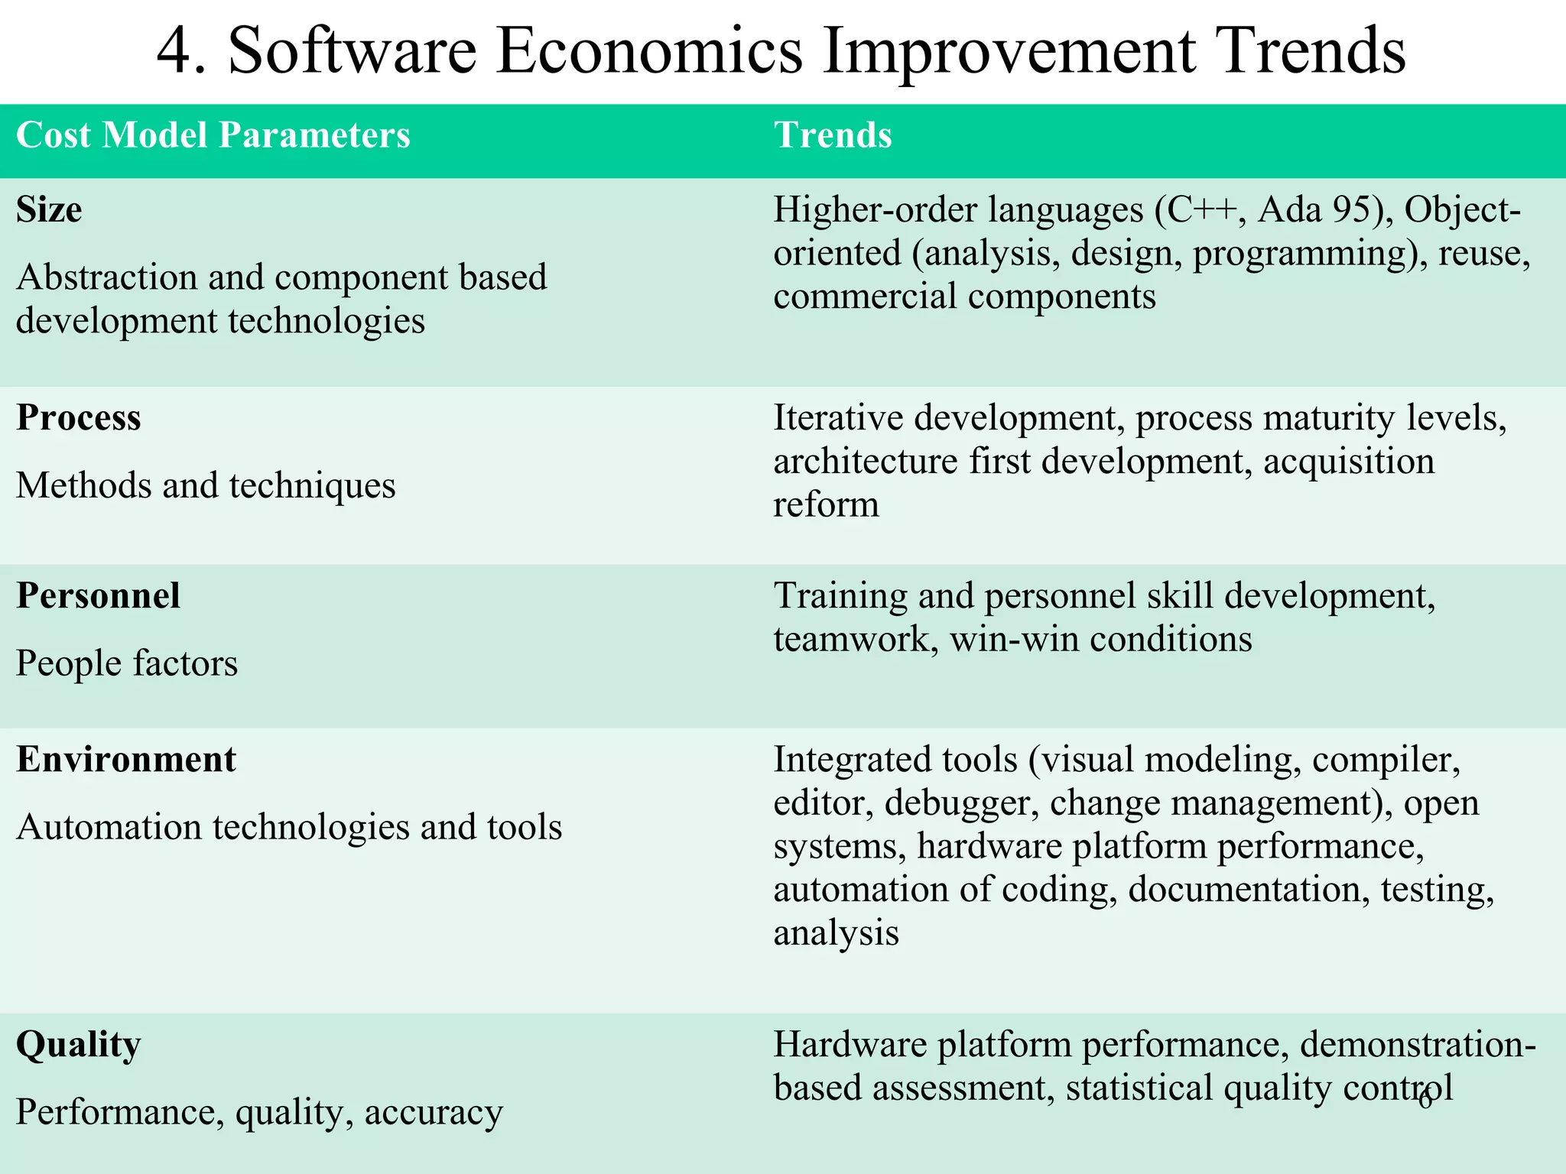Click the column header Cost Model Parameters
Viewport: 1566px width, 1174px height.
tap(213, 135)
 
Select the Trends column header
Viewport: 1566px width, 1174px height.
tap(833, 135)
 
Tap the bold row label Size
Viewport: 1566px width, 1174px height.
tap(49, 210)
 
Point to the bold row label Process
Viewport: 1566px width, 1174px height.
tap(79, 418)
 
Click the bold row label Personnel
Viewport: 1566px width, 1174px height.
tap(98, 596)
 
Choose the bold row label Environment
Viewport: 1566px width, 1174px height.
tap(126, 760)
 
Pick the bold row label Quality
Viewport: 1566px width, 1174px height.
tap(79, 1045)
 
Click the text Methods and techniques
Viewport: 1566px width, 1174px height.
tap(206, 486)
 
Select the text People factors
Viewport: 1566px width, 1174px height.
tap(127, 663)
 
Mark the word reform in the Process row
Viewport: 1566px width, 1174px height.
tap(826, 505)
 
